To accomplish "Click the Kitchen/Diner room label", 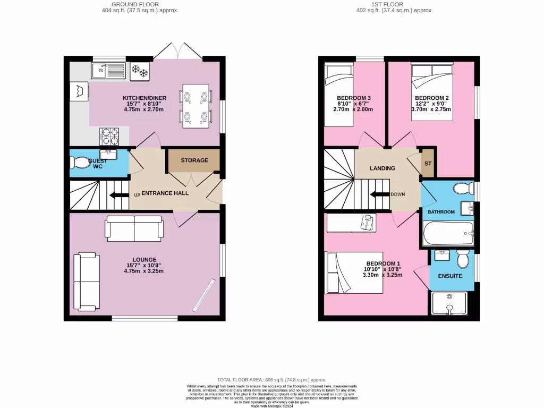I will pos(144,98).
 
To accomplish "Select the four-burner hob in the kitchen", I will pos(108,137).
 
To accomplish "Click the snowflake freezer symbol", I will pos(139,71).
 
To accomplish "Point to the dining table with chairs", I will pos(196,106).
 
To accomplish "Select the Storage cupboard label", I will pos(194,160).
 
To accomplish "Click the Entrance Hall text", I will pos(167,193).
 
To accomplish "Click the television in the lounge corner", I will pos(205,295).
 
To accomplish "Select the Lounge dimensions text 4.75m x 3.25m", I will pos(144,271).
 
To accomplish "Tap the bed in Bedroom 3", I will pos(339,96).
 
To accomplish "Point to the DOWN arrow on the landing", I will pos(380,194).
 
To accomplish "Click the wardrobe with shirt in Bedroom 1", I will pos(351,223).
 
